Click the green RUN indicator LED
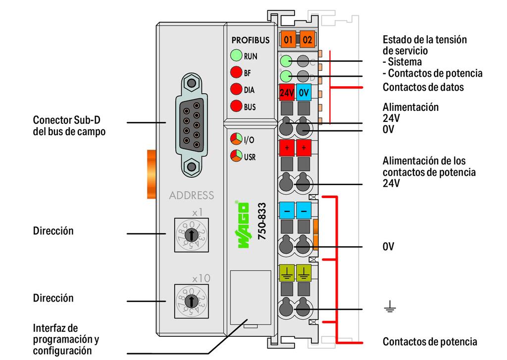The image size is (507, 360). pyautogui.click(x=236, y=56)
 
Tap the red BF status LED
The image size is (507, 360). pyautogui.click(x=236, y=73)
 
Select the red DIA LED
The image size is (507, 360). pyautogui.click(x=236, y=90)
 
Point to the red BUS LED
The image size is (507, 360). pyautogui.click(x=236, y=106)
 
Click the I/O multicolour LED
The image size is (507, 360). pyautogui.click(x=236, y=140)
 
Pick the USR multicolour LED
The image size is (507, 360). pyautogui.click(x=236, y=157)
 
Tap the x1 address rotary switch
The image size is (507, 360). pyautogui.click(x=190, y=235)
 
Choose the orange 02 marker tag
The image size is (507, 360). pyautogui.click(x=307, y=40)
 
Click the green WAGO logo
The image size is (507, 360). pyautogui.click(x=244, y=225)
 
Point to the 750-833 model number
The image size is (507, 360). pyautogui.click(x=263, y=223)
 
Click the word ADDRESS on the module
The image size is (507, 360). pyautogui.click(x=192, y=195)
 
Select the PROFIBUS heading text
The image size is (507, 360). pyautogui.click(x=252, y=40)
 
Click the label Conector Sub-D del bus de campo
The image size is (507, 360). pyautogui.click(x=69, y=126)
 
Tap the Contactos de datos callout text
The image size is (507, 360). pyautogui.click(x=423, y=87)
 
